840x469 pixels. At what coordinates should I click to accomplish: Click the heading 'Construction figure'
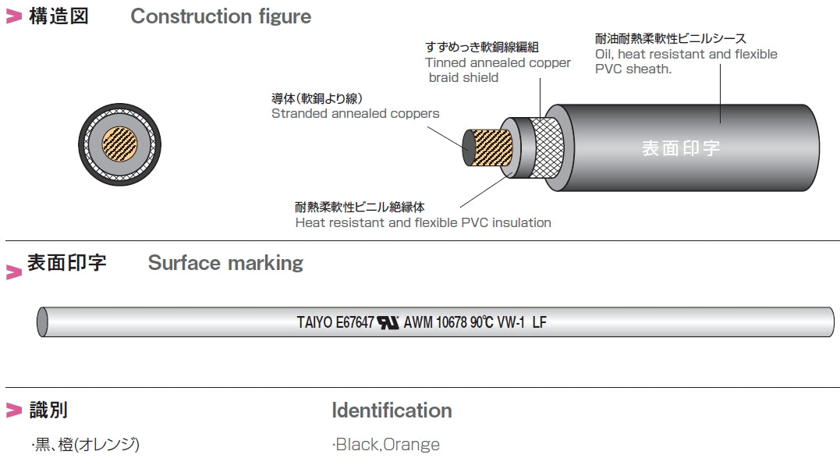[x=221, y=16]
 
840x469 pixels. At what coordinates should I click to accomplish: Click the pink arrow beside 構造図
[x=14, y=17]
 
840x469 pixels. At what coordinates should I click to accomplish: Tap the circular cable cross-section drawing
[x=119, y=145]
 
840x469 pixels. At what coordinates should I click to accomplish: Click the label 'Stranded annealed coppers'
[x=355, y=114]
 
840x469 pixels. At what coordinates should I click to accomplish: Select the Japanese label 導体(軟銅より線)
[x=317, y=98]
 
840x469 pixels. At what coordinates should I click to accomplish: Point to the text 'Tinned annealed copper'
[x=498, y=63]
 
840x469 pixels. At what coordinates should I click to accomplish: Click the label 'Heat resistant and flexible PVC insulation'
[x=423, y=223]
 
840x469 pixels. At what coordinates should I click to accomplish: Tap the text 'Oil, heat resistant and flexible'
[x=686, y=55]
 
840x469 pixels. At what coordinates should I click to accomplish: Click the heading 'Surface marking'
[x=225, y=263]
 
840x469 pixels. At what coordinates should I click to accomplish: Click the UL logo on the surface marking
[x=388, y=322]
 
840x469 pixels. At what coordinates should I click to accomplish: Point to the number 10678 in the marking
[x=452, y=322]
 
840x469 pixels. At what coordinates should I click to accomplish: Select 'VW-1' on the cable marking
[x=511, y=322]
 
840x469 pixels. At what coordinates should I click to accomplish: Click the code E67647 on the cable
[x=356, y=322]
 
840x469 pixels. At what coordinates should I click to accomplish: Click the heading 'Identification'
[x=392, y=410]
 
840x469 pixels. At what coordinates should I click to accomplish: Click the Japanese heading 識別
[x=53, y=410]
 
